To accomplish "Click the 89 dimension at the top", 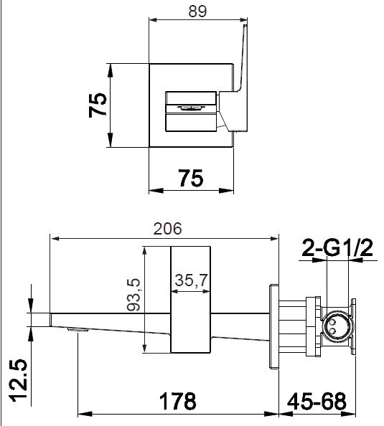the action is click(x=197, y=11).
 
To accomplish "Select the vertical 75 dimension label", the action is click(x=98, y=105).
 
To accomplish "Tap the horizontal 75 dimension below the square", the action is click(x=191, y=178).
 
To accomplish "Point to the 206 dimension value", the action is click(x=167, y=229).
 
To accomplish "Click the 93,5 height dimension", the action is click(x=134, y=294).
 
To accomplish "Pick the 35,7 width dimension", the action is click(x=192, y=280).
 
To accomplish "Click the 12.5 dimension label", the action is click(x=19, y=380).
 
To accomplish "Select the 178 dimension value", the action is click(x=177, y=402).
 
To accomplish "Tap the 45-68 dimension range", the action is click(x=317, y=402).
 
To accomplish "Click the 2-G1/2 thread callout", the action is click(x=337, y=247).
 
